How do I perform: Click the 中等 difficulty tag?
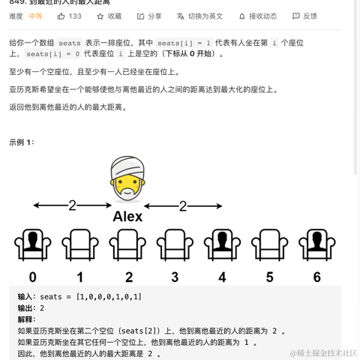pyautogui.click(x=35, y=16)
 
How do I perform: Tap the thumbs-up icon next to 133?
pyautogui.click(x=61, y=16)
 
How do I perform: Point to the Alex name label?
pyautogui.click(x=127, y=217)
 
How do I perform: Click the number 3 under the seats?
pyautogui.click(x=175, y=277)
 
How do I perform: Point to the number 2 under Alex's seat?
pyautogui.click(x=127, y=277)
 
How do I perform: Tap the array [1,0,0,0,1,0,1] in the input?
pyautogui.click(x=108, y=297)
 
